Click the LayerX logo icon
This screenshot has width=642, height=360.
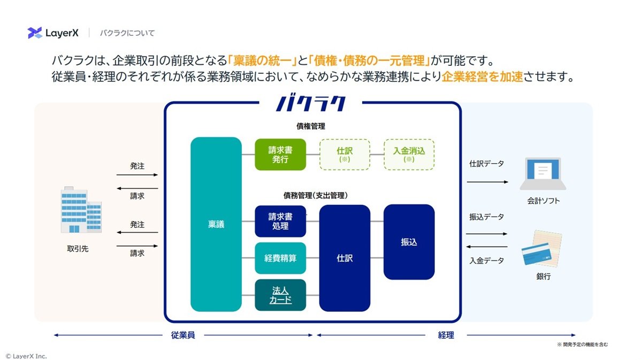click(x=35, y=33)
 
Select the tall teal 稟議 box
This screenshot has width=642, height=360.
click(x=216, y=224)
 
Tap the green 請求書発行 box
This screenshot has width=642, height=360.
click(x=280, y=155)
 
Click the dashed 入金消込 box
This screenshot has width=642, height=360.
click(x=409, y=155)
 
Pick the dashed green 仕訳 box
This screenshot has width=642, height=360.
click(x=345, y=155)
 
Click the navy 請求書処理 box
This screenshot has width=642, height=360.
click(x=280, y=221)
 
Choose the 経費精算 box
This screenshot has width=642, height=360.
click(x=280, y=258)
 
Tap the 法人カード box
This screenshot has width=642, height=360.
click(x=280, y=295)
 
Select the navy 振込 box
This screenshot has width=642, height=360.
click(x=409, y=242)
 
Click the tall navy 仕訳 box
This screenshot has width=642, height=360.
click(x=345, y=258)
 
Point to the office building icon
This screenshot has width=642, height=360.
click(x=81, y=210)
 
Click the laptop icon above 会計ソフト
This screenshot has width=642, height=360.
click(x=543, y=174)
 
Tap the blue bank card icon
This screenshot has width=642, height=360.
click(x=536, y=254)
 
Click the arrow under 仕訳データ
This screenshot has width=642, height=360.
click(x=487, y=182)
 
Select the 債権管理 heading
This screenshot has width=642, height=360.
click(x=311, y=126)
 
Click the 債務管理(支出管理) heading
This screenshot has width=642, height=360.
click(x=316, y=195)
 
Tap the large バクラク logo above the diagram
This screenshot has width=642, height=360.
click(x=311, y=102)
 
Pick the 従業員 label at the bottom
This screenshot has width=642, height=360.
click(x=183, y=335)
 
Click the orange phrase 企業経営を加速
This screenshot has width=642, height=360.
click(x=483, y=76)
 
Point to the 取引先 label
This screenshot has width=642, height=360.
click(x=78, y=249)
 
